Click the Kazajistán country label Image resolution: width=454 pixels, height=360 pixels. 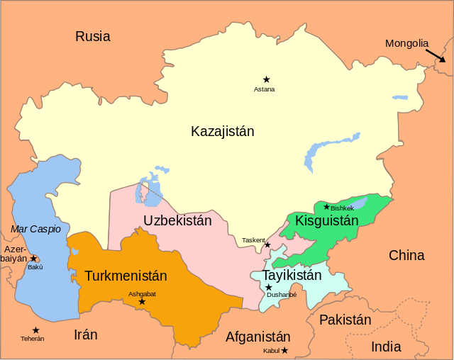222,131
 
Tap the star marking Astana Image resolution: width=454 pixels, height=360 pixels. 266,79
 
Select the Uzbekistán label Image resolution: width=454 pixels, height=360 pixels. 177,220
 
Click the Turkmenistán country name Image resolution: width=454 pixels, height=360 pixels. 126,276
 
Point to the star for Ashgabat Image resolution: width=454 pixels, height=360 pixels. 142,302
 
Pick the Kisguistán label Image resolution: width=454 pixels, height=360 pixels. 327,220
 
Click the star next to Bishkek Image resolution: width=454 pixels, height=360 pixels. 326,207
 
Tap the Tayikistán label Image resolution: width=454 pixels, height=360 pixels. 292,275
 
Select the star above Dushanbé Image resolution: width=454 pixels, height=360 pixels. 268,287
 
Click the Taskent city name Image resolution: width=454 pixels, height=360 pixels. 253,241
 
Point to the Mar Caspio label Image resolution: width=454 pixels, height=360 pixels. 35,229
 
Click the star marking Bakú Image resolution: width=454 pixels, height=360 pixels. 33,259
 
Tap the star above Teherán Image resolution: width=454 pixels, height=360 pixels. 35,330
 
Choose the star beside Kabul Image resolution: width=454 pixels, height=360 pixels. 284,350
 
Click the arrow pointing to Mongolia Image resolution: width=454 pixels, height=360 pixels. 436,56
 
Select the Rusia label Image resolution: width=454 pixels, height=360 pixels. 93,36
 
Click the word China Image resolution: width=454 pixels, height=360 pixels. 406,255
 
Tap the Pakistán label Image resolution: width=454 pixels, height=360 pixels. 345,320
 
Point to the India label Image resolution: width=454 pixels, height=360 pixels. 386,347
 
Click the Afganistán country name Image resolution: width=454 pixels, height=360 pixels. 258,337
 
